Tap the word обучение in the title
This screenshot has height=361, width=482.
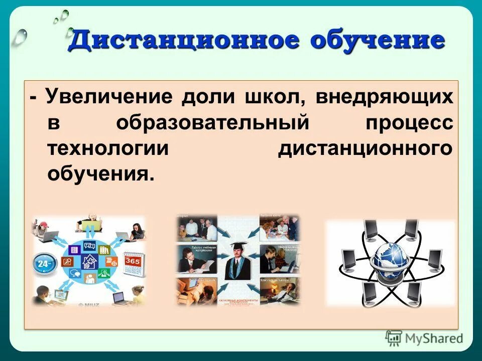378,41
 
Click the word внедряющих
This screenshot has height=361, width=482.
384,96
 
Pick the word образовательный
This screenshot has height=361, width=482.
211,123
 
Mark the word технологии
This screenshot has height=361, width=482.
108,149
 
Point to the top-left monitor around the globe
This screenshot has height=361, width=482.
371,229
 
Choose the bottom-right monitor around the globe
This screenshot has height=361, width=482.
414,291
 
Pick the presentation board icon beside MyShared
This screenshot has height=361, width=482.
394,338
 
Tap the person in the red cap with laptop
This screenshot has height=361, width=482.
44,230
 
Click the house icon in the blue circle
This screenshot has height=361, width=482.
90,261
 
